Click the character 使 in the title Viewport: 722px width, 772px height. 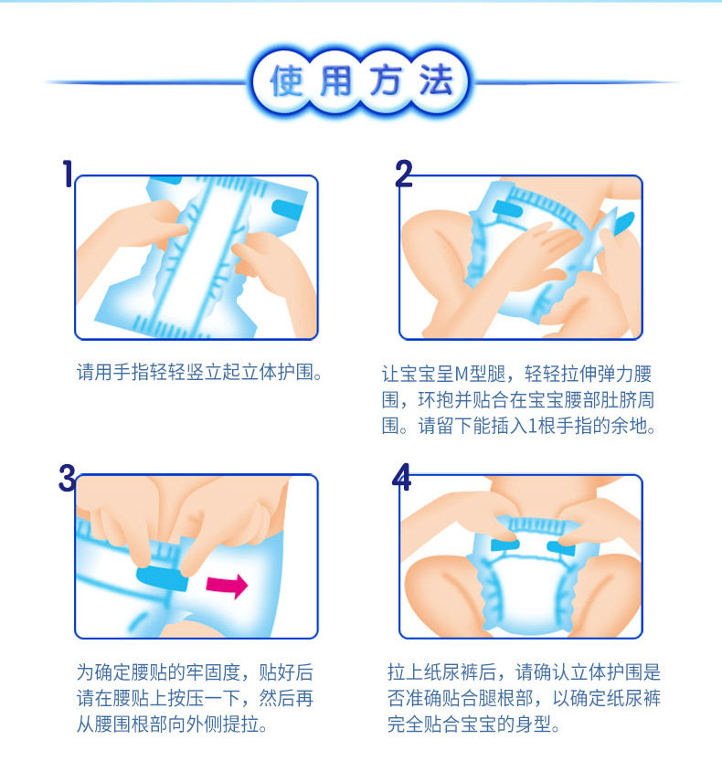tap(286, 80)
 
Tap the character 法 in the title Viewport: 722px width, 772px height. tap(436, 80)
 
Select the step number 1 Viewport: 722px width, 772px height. tap(68, 174)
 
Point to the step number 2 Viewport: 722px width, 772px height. tap(404, 174)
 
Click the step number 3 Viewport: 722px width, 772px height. tap(67, 478)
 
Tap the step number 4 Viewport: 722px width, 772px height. tap(402, 477)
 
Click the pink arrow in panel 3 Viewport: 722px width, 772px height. tap(227, 586)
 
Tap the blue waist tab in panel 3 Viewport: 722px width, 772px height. tap(163, 578)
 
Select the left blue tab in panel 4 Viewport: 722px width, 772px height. tap(504, 545)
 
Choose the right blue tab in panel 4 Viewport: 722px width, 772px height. tap(561, 547)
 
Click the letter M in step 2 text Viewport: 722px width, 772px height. tap(462, 374)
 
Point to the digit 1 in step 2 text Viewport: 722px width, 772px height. tap(532, 426)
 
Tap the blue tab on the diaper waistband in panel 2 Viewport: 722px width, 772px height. tap(507, 210)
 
